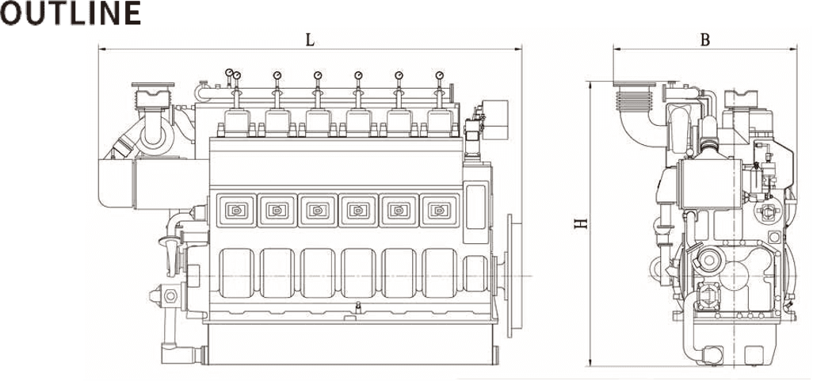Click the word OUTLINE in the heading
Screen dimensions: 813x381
point(71,13)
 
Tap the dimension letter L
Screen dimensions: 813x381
point(310,40)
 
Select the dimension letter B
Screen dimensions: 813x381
point(704,40)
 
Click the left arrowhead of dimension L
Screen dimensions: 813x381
point(102,49)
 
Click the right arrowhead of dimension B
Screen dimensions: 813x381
point(792,49)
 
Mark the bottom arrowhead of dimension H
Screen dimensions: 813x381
point(590,362)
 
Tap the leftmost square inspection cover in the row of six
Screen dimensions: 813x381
point(236,210)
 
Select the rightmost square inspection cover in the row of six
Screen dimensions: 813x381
point(440,210)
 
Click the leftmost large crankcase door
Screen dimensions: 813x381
point(236,273)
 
